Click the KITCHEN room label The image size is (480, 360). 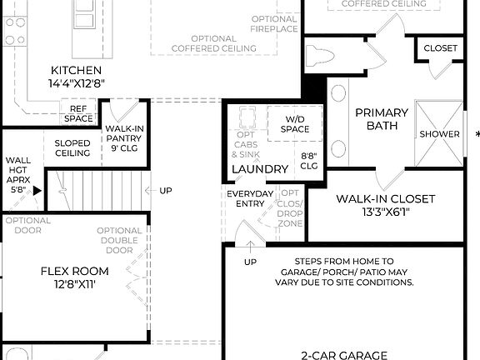coord(76,70)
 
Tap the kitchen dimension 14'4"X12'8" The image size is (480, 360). coord(76,83)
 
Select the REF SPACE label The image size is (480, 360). coord(80,113)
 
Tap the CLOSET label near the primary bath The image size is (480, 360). coord(440,47)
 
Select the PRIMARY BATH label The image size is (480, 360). coord(382,119)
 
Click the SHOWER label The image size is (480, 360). coord(439,133)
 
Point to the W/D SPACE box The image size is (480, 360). coord(294,123)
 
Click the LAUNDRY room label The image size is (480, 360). coord(259,169)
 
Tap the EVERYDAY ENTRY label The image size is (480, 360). coord(250,198)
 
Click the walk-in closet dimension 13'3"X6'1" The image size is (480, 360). coord(385,212)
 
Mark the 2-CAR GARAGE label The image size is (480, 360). coord(344,354)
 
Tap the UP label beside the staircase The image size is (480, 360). coord(165,191)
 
